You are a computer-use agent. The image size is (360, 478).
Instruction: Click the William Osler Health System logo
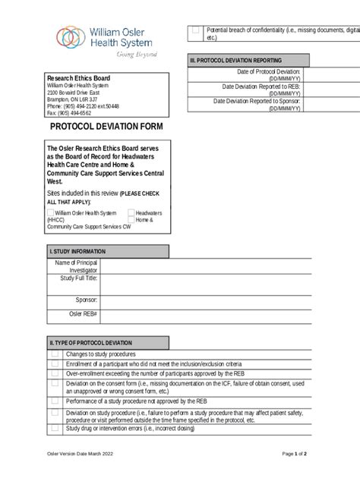click(x=106, y=41)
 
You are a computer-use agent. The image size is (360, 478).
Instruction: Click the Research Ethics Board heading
click(x=78, y=78)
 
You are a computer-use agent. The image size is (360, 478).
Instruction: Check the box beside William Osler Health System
click(x=50, y=213)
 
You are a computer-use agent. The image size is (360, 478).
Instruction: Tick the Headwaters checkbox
click(x=131, y=213)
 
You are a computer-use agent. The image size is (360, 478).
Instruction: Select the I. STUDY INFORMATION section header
click(x=77, y=251)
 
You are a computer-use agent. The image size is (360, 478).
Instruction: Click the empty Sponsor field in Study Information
click(x=228, y=299)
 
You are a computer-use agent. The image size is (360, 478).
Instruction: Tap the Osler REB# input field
click(x=228, y=313)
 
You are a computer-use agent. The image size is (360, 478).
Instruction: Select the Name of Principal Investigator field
click(x=228, y=266)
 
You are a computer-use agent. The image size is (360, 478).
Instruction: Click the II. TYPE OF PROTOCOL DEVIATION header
click(x=90, y=342)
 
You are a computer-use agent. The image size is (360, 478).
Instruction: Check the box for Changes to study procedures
click(x=55, y=354)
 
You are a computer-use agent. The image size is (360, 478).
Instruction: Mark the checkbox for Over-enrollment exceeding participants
click(x=55, y=373)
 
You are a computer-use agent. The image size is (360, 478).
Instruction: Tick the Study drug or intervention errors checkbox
click(x=55, y=429)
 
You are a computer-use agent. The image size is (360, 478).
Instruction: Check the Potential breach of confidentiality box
click(x=195, y=30)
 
